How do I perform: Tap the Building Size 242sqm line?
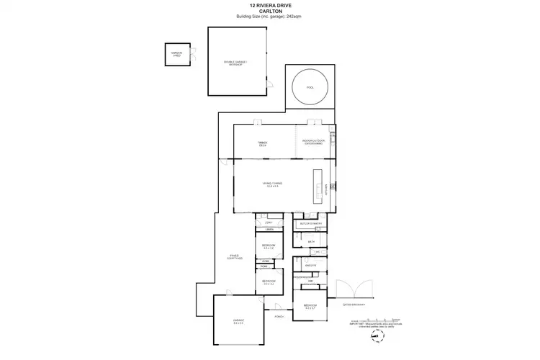coord(270,16)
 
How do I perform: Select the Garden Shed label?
coord(176,55)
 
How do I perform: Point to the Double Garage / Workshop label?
coord(235,63)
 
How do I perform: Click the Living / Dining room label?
coord(271,184)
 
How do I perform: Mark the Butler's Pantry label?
coord(311,224)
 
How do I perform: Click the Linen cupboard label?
coord(268,230)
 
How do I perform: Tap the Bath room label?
coord(311,242)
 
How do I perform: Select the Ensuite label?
coord(311,265)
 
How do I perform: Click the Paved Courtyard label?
coord(235,256)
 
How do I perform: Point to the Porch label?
coord(278,317)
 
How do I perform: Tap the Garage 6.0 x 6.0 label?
coord(238,322)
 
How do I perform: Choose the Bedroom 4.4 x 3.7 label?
coord(310,307)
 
